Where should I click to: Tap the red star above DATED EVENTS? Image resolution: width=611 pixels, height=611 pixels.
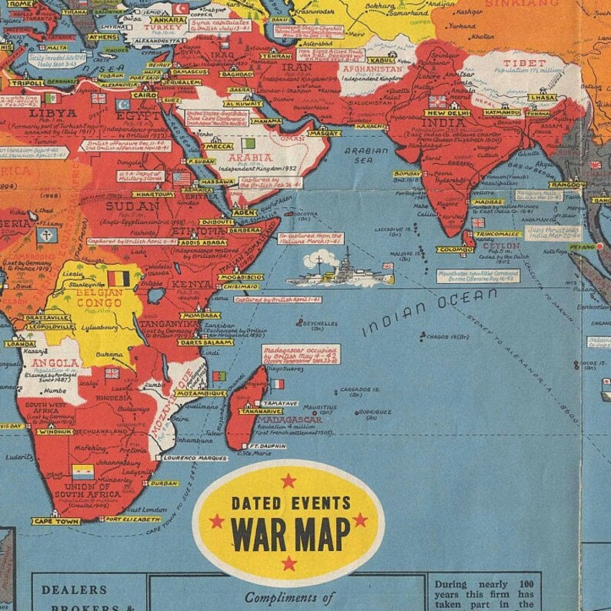288,481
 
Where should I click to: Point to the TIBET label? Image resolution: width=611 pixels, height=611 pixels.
524,62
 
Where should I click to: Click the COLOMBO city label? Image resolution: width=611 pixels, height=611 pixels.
453,249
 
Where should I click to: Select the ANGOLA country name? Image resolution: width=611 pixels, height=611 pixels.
55,362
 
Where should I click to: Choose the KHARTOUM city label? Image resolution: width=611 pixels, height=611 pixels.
155,195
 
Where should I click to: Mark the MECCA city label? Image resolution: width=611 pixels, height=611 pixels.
218,146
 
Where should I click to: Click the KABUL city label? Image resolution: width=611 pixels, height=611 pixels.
381,60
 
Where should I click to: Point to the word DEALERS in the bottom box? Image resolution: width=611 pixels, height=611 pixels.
75,590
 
